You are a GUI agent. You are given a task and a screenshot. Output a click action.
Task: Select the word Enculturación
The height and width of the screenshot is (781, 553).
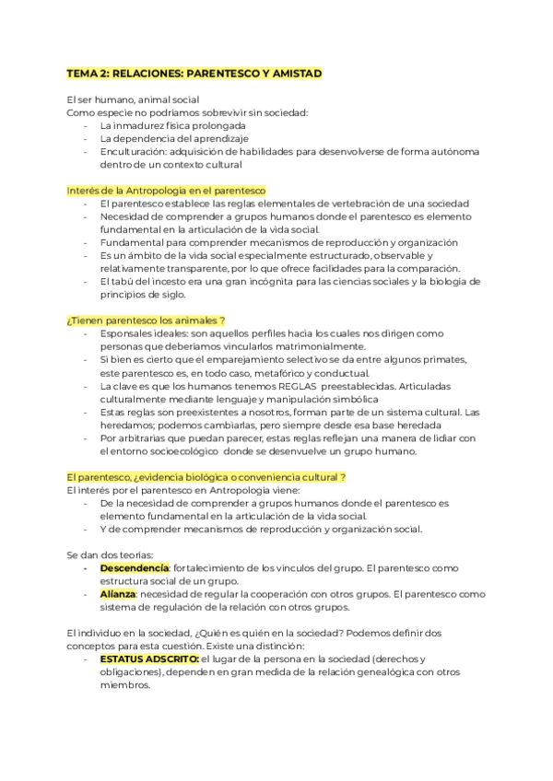pos(135,152)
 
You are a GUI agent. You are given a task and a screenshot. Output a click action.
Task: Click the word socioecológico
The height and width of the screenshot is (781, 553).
pos(185,451)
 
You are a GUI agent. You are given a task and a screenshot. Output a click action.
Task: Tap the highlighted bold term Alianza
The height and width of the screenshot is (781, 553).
pos(118,594)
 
